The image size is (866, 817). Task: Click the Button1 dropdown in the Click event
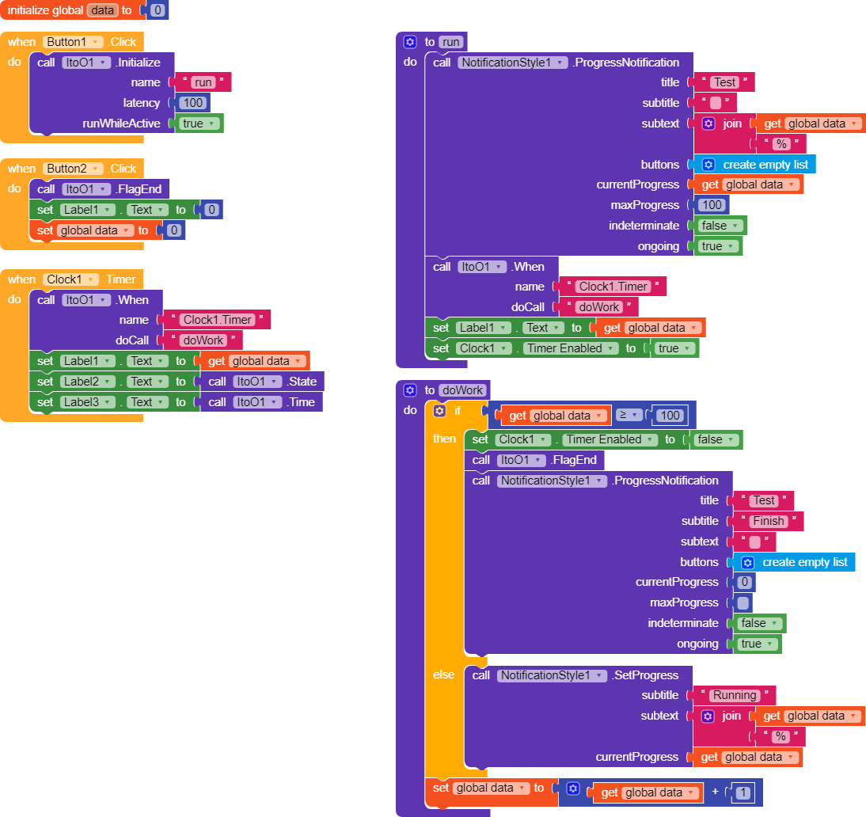point(73,42)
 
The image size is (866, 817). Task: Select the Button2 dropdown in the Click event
point(73,169)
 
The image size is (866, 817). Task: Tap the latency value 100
point(193,103)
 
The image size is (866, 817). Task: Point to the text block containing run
point(203,82)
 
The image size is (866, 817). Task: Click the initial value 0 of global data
point(157,10)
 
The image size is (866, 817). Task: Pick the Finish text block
point(768,521)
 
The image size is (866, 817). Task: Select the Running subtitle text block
point(735,695)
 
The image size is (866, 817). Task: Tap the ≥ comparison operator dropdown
point(629,416)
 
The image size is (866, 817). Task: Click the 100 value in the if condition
point(670,416)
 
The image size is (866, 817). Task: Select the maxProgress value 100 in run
point(712,205)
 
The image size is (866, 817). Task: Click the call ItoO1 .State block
point(261,382)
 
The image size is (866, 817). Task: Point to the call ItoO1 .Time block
point(261,402)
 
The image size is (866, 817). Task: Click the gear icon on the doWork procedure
point(410,390)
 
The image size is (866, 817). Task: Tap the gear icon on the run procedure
point(410,42)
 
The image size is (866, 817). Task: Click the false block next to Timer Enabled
point(715,439)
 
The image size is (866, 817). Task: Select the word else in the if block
point(444,674)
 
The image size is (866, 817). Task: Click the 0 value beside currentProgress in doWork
point(744,582)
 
